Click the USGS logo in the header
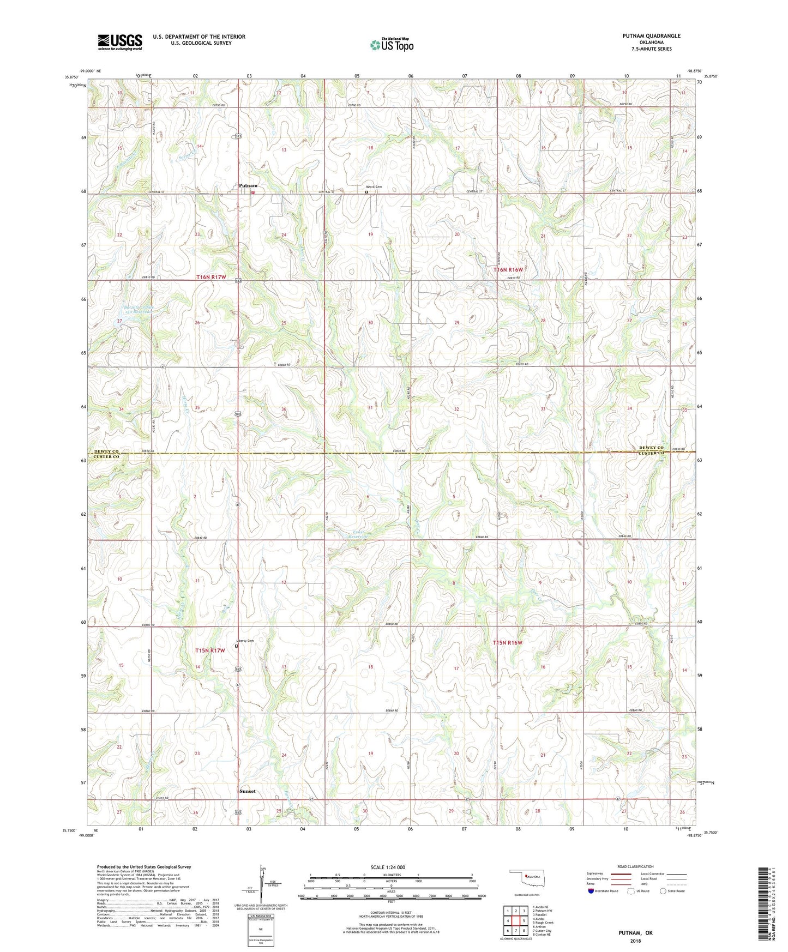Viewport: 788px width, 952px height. click(x=120, y=42)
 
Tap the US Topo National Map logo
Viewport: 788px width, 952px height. click(x=392, y=45)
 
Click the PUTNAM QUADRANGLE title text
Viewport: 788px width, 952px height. click(x=651, y=36)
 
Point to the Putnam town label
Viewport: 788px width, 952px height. click(x=248, y=186)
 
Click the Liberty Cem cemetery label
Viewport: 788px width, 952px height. click(x=245, y=640)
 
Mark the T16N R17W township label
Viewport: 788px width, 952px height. click(x=211, y=278)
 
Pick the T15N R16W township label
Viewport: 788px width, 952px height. click(x=508, y=643)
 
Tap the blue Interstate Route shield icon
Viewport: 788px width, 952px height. click(x=592, y=891)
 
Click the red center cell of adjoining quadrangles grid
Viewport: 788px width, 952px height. click(x=515, y=920)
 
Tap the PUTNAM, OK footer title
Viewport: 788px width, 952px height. click(x=635, y=933)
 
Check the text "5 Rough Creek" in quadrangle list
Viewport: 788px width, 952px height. click(x=544, y=923)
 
